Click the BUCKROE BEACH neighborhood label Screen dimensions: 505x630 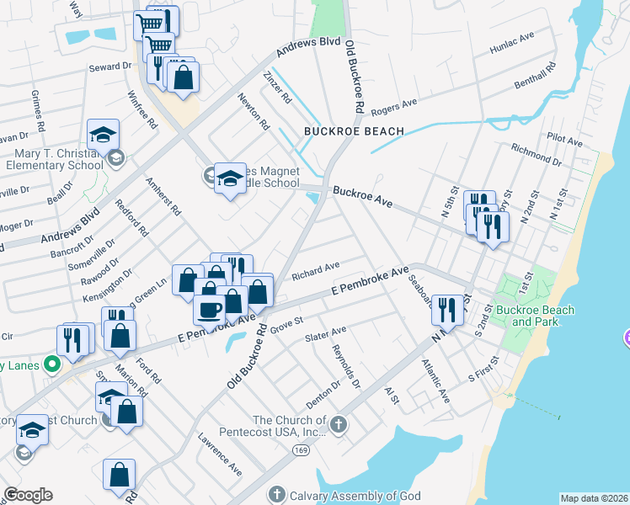[x=354, y=131]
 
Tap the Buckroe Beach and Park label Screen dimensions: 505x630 [x=535, y=316]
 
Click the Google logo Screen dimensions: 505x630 [x=28, y=494]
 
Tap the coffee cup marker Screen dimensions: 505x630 [x=208, y=309]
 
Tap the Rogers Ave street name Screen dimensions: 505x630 [x=394, y=104]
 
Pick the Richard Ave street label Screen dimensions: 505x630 [x=315, y=271]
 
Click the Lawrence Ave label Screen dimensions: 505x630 [x=219, y=454]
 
